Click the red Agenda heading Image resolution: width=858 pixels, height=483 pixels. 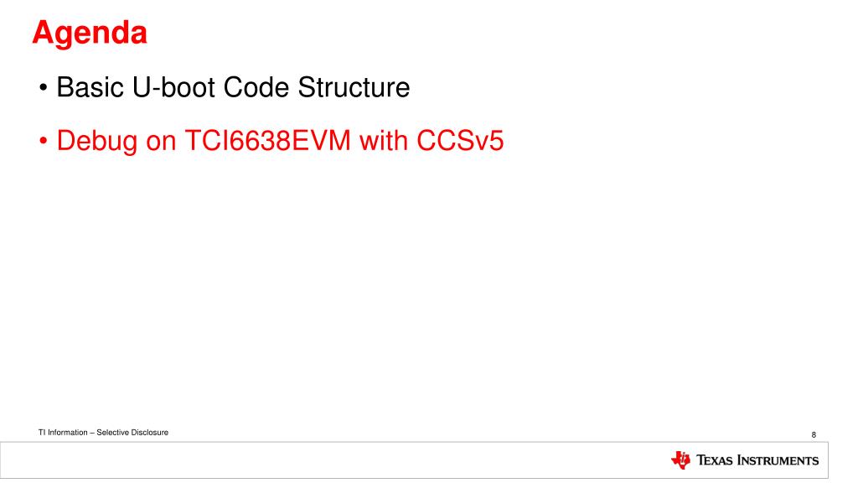click(90, 34)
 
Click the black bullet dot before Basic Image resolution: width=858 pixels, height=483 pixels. click(43, 88)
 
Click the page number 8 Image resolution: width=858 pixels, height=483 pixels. click(814, 434)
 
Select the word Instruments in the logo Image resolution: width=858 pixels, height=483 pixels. click(778, 461)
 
